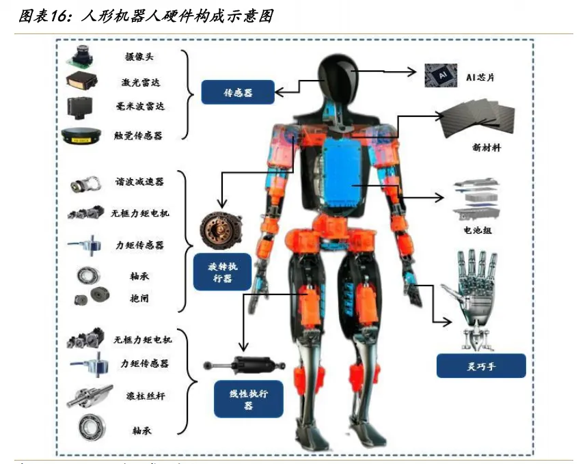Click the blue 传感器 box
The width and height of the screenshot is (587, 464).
coord(238,92)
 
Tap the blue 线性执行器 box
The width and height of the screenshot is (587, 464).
coord(248,399)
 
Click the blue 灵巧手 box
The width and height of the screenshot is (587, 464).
coord(480,366)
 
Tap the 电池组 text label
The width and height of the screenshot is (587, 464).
coord(478,230)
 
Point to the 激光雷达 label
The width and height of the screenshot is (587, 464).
coord(139,83)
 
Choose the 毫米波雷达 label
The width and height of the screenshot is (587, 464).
coord(139,107)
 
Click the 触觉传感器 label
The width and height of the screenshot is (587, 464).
coord(139,136)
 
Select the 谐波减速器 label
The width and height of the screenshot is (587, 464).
coord(139,182)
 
